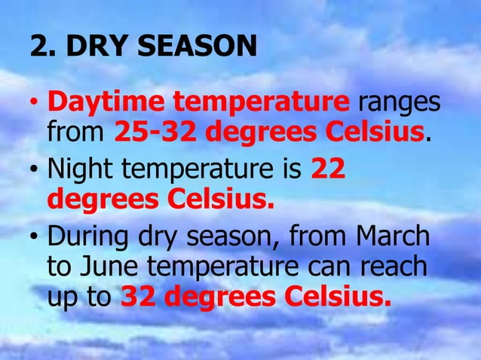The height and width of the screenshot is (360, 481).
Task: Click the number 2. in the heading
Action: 42,47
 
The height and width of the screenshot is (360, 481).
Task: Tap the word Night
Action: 79,170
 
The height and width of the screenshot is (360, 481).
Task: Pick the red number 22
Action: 328,170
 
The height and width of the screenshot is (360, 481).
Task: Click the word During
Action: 85,236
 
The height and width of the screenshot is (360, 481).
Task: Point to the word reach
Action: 396,267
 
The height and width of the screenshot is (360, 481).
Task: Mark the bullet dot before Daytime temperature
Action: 35,104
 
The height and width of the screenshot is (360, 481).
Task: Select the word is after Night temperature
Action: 291,170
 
